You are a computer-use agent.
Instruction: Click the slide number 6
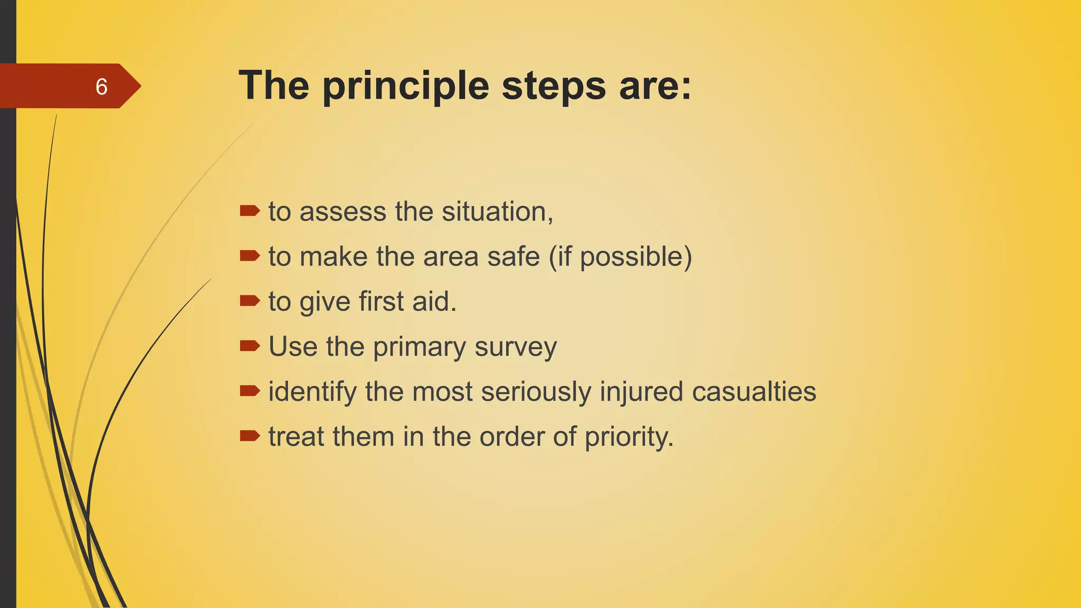101,87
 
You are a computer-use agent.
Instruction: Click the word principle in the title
406,87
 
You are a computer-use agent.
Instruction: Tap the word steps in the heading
554,87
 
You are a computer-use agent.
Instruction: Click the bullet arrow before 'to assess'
250,211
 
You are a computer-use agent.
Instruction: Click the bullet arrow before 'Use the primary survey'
250,346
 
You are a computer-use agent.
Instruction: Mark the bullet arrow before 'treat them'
250,436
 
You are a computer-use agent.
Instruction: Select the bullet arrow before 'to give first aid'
250,301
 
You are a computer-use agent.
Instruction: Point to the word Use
293,347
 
